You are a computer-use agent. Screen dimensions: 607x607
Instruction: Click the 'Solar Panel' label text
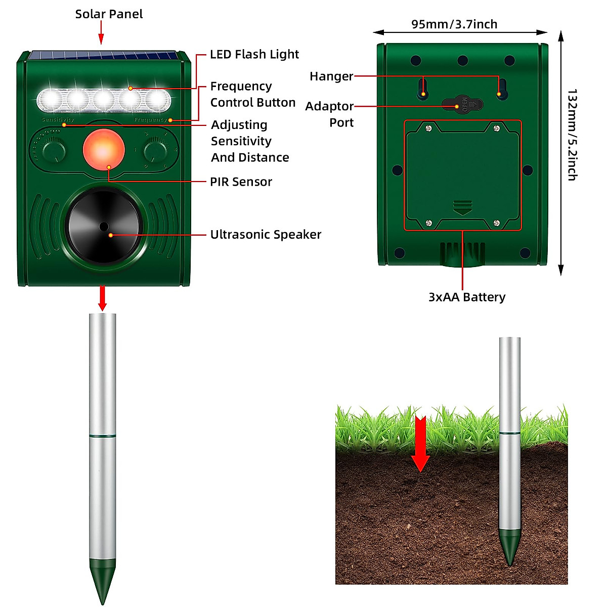109,14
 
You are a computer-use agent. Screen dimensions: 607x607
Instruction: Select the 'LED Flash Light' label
254,54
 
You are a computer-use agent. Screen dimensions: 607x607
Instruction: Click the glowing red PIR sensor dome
104,150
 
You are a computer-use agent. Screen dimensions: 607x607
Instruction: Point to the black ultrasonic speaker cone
103,226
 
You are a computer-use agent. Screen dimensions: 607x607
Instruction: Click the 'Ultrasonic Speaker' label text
266,234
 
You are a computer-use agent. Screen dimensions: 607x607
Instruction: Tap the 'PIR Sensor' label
241,182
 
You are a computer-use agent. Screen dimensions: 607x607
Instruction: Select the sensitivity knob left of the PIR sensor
54,150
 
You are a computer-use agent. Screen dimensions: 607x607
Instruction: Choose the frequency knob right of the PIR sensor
155,150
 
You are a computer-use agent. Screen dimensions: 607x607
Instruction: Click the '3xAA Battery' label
466,297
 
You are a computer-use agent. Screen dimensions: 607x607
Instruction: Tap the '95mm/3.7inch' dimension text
454,24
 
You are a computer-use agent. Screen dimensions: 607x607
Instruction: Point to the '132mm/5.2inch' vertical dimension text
572,135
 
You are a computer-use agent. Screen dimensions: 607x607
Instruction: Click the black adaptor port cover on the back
462,105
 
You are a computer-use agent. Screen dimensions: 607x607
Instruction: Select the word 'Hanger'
331,76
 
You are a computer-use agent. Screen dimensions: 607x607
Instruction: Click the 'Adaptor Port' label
330,114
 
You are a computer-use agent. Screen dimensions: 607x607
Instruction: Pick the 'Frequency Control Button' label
252,94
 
